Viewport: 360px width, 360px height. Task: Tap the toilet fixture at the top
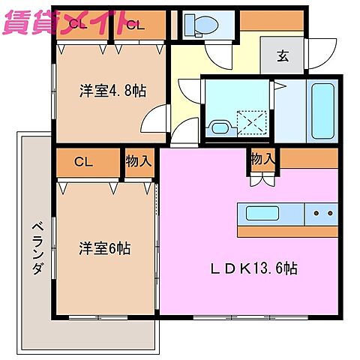pyautogui.click(x=203, y=25)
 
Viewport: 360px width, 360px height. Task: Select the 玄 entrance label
pyautogui.click(x=282, y=55)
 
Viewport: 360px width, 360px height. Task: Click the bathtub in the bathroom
pyautogui.click(x=323, y=112)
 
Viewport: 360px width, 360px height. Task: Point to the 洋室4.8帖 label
pyautogui.click(x=112, y=91)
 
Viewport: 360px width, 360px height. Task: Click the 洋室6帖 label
pyautogui.click(x=105, y=248)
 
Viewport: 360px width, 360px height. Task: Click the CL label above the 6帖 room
pyautogui.click(x=83, y=160)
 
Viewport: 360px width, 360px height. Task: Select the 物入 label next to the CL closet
pyautogui.click(x=138, y=160)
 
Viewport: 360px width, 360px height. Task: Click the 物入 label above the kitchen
pyautogui.click(x=262, y=159)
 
